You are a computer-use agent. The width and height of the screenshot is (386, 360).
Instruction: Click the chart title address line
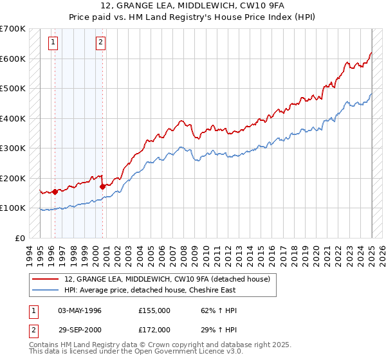tap(192, 7)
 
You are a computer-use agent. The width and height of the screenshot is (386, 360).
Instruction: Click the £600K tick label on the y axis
tap(13, 59)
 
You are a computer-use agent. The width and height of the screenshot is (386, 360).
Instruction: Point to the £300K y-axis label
tap(13, 148)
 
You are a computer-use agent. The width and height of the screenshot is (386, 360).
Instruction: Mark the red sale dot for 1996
tap(55, 191)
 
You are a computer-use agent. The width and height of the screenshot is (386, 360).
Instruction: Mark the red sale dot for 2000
tap(103, 186)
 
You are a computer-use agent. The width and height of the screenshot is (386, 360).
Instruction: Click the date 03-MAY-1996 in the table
tap(80, 310)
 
